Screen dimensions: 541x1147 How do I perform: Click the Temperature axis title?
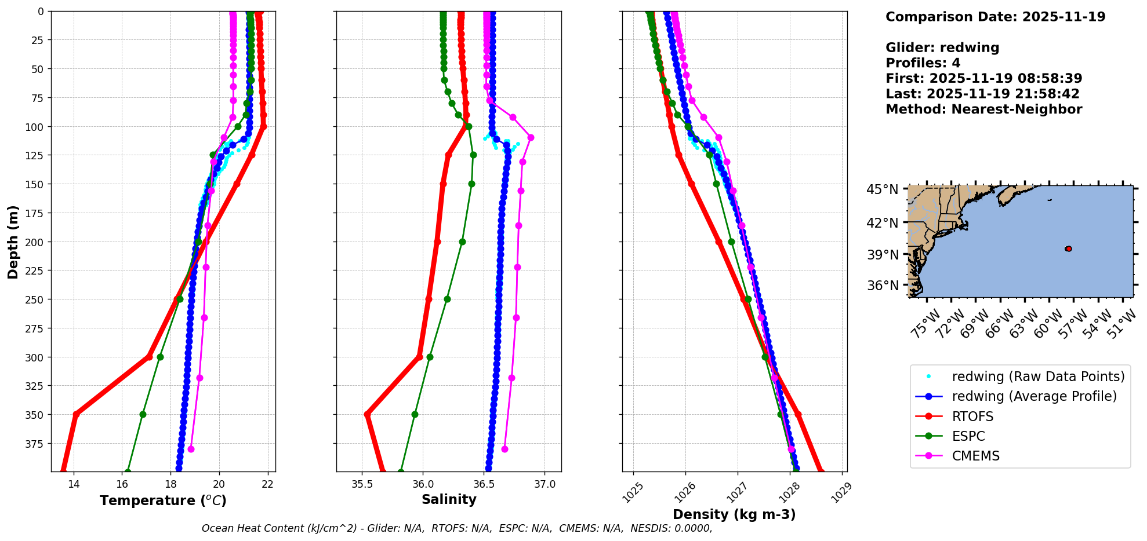[163, 500]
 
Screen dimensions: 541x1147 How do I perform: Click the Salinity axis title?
[449, 499]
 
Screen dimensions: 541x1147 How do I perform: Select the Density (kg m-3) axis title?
[734, 514]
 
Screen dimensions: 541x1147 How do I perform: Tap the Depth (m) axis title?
[13, 242]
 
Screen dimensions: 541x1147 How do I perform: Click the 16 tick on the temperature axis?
[122, 484]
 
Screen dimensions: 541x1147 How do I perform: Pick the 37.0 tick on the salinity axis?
[544, 484]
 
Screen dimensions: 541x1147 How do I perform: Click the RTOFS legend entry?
[972, 416]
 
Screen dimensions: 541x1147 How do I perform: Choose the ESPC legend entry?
[968, 436]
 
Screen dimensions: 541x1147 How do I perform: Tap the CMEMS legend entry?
[975, 456]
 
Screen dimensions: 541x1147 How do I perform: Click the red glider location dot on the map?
[1068, 248]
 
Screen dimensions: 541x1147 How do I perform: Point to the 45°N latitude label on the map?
[882, 190]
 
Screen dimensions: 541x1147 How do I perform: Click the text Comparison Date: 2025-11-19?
[995, 17]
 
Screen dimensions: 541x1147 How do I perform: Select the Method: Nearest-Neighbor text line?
[983, 109]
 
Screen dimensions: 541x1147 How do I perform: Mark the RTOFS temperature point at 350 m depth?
[76, 414]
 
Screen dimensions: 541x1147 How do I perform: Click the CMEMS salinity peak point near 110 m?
[531, 137]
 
